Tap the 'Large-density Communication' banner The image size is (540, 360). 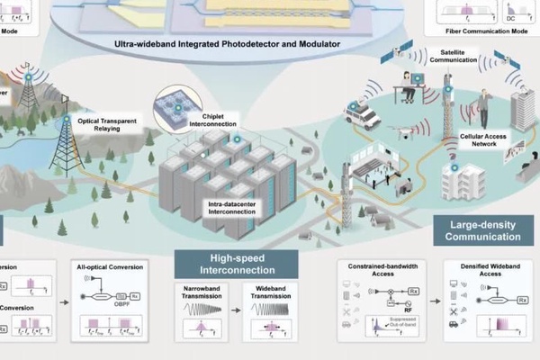[483, 230]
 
